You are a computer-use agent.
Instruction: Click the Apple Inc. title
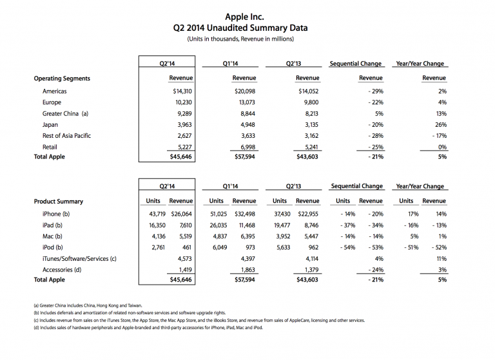coord(247,15)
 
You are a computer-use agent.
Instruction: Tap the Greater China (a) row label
coord(65,113)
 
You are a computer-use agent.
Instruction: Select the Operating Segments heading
coord(62,79)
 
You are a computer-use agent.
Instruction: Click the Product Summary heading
coord(58,202)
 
